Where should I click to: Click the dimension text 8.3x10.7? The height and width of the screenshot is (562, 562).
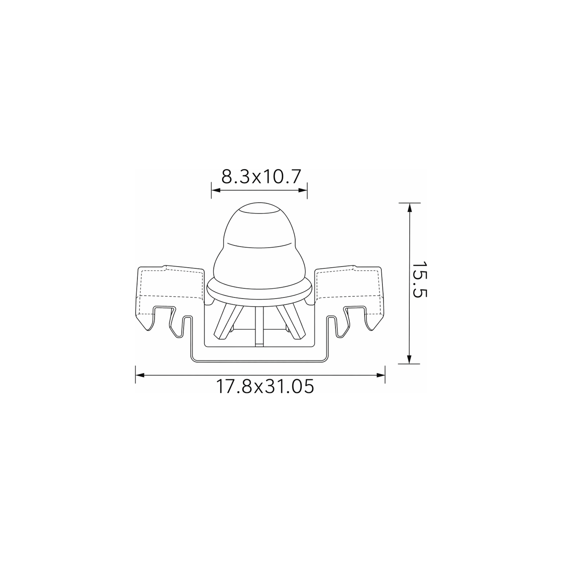(260, 176)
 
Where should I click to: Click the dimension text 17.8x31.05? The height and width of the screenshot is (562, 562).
(265, 387)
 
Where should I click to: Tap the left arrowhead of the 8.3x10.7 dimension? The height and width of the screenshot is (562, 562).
(216, 190)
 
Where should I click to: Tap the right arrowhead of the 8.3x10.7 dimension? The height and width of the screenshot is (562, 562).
(303, 190)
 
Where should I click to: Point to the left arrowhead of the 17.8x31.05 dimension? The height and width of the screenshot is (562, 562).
(140, 375)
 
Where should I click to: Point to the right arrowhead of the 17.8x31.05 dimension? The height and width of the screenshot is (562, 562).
(381, 375)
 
